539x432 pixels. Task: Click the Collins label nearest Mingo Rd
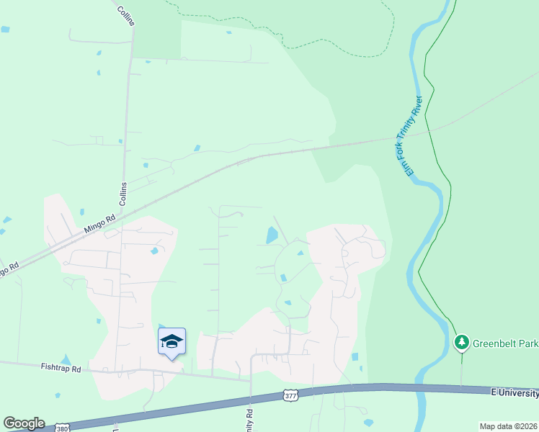point(123,194)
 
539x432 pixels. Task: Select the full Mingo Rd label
point(99,224)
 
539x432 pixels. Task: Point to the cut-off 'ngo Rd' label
point(8,269)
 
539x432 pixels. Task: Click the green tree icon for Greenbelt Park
point(461,342)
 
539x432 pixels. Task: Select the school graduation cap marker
point(171,341)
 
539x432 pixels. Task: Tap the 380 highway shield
point(63,426)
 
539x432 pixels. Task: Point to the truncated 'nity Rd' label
point(249,420)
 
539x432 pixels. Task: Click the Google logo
point(24,423)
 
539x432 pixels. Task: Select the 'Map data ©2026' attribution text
point(508,426)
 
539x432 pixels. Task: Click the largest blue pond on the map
point(272,235)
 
